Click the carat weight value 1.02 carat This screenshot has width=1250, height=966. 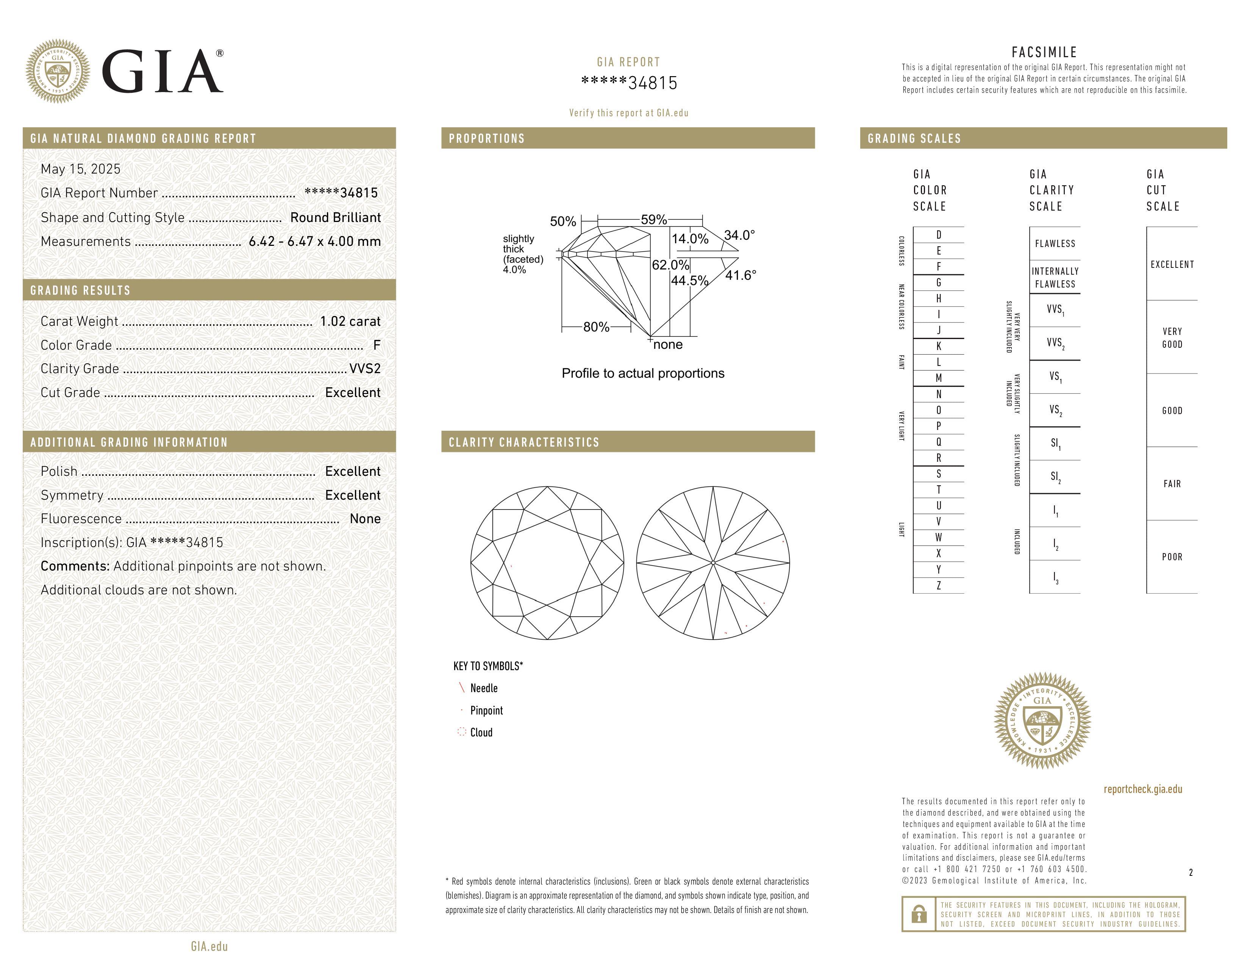[350, 321]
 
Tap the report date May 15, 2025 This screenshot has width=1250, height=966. [81, 169]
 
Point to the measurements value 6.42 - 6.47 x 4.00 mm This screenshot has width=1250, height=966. [315, 242]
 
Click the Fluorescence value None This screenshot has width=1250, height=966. [365, 519]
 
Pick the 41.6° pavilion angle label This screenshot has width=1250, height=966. [741, 275]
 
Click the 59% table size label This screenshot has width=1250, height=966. [654, 219]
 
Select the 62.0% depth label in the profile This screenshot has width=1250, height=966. [670, 265]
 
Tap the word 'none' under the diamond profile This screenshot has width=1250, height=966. [668, 344]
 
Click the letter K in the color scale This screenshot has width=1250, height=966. [939, 346]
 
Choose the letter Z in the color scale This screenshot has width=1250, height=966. [939, 585]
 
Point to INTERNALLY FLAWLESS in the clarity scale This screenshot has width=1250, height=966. [1055, 278]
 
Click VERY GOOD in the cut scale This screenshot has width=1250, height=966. [1172, 338]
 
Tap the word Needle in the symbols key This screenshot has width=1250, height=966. [484, 688]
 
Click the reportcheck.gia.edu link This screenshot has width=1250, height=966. [1143, 789]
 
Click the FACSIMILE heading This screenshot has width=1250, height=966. [1044, 52]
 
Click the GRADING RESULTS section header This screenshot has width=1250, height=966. [81, 290]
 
